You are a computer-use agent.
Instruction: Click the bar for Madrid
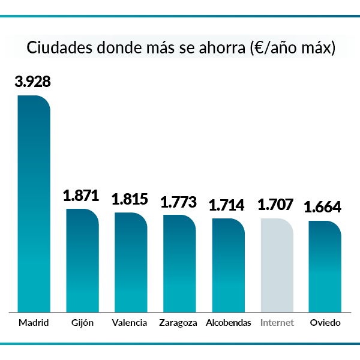[34, 204]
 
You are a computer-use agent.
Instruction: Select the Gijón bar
[82, 260]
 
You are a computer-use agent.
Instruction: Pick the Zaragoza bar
[179, 263]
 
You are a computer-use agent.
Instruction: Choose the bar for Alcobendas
[228, 265]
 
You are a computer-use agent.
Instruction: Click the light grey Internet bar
[277, 265]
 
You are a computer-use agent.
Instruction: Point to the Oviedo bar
[325, 266]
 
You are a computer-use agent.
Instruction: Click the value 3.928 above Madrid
[34, 82]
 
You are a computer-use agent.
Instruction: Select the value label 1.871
[82, 196]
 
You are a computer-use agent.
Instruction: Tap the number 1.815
[130, 199]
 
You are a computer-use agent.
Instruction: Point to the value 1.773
[179, 202]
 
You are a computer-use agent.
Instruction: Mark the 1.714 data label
[227, 205]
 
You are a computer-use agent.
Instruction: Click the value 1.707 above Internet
[275, 205]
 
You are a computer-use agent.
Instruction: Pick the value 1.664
[323, 208]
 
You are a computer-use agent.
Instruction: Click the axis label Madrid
[34, 323]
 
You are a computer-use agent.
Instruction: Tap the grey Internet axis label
[277, 323]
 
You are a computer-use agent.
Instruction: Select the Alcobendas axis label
[228, 323]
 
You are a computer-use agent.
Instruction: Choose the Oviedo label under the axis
[325, 323]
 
